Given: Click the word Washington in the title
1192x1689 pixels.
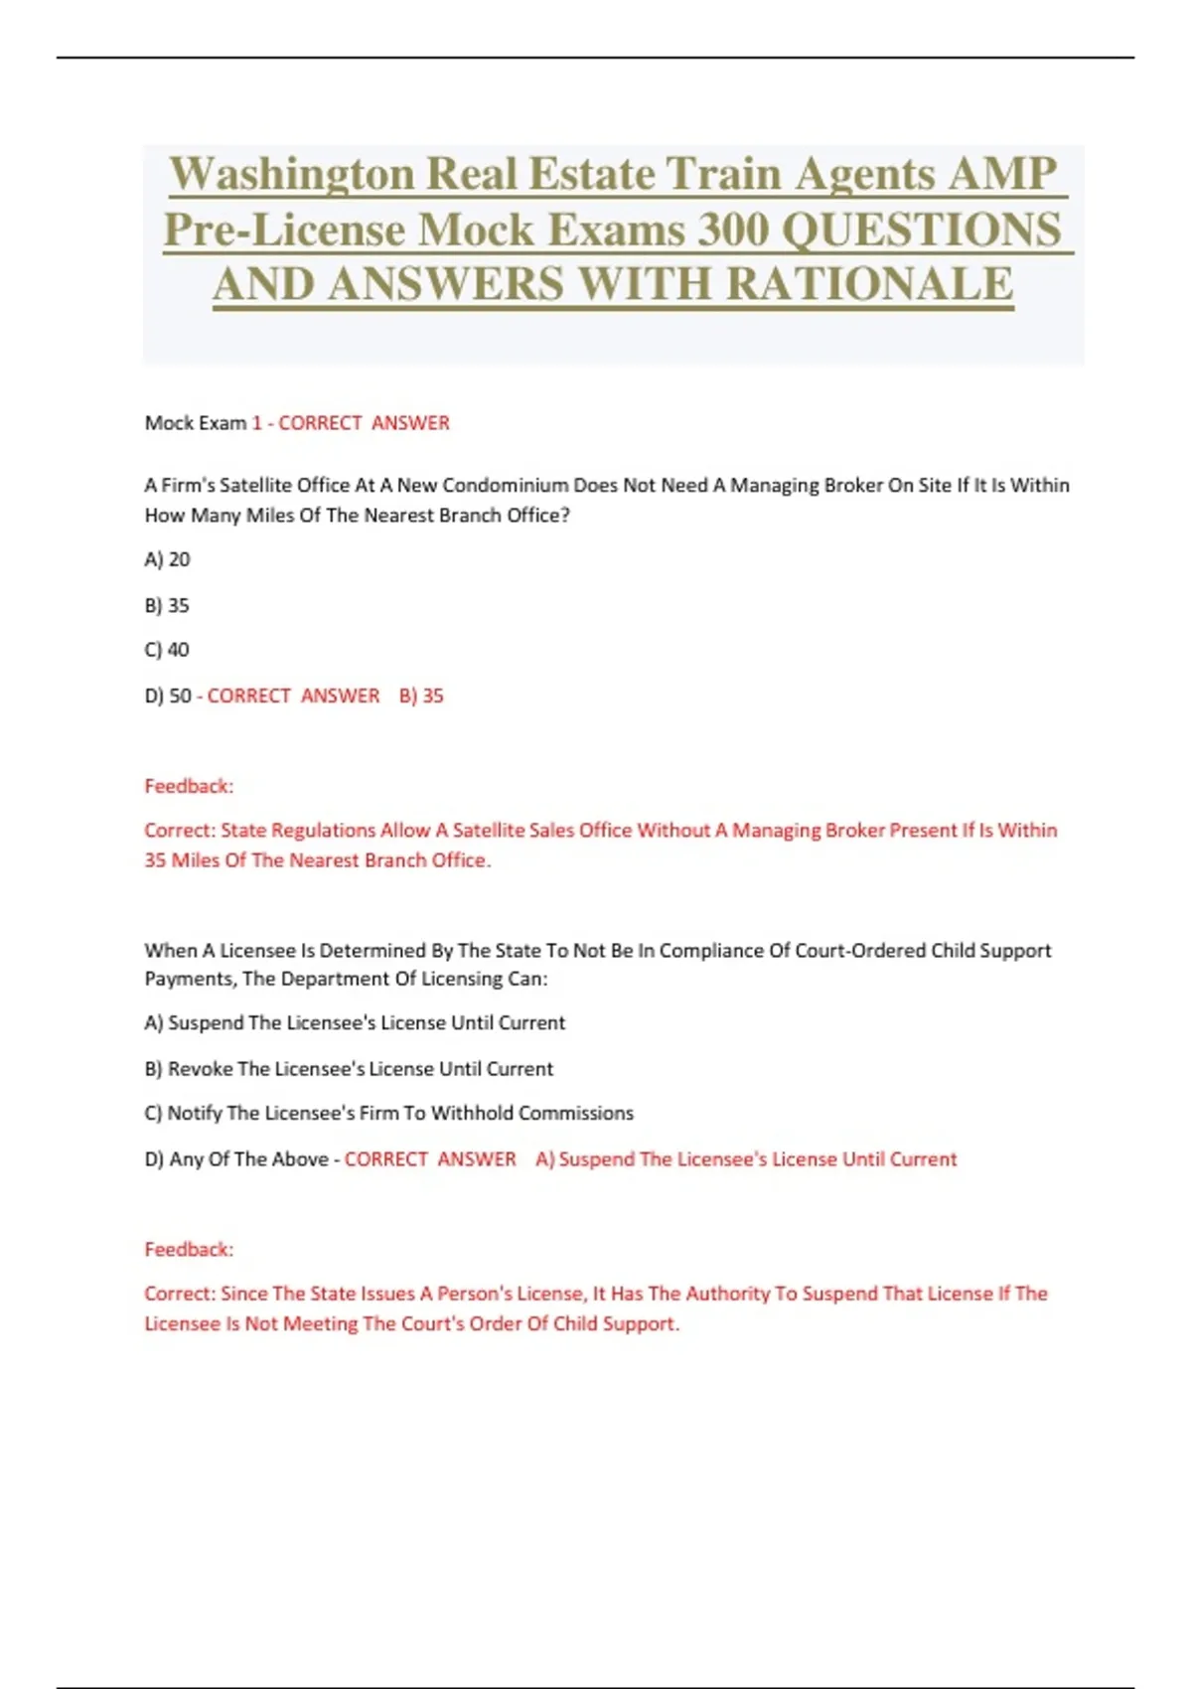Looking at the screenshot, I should tap(291, 175).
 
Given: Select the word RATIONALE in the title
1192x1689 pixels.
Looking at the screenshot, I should tap(869, 285).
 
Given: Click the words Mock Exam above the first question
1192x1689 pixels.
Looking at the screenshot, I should tap(195, 423).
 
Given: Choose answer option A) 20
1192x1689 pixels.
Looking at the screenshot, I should tap(167, 559).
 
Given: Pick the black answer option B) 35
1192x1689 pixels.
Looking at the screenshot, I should tap(167, 605).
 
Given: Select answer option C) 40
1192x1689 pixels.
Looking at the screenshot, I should tap(167, 650).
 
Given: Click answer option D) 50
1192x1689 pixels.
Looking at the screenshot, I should tap(168, 695).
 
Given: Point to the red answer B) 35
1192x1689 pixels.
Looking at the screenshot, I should tap(421, 695).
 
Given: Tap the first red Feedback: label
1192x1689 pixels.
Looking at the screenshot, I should tap(189, 786).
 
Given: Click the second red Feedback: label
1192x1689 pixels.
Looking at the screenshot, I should tap(189, 1249).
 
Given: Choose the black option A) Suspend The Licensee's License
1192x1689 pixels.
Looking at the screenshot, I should tap(355, 1022).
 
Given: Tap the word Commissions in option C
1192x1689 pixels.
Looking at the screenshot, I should tap(575, 1113).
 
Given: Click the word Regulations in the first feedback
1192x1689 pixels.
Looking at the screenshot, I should tap(324, 830).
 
